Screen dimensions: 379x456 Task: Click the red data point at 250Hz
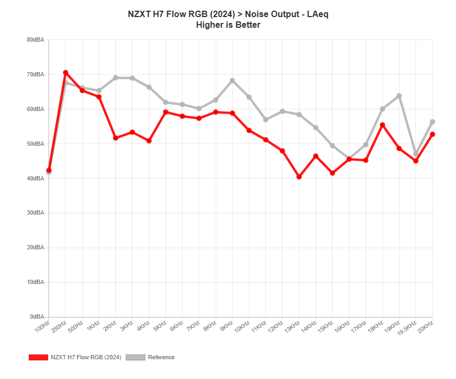65,73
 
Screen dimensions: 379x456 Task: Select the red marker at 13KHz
299,177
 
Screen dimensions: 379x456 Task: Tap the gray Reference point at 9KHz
232,80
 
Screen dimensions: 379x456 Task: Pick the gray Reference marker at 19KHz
399,96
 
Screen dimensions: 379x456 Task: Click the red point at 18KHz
382,125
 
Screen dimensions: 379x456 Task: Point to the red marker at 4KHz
149,141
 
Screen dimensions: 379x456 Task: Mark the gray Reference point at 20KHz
433,122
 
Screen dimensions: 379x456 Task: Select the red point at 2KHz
115,138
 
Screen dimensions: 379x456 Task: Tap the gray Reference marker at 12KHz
282,111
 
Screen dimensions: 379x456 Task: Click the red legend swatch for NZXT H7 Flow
38,357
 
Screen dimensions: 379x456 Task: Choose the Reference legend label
161,357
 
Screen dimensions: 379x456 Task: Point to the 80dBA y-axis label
35,40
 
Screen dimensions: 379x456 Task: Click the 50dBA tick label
35,144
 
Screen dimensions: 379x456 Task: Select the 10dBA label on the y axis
35,282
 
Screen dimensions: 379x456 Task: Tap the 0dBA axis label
36,317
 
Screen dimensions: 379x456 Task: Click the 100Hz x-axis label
43,326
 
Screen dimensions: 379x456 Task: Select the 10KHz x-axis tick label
242,327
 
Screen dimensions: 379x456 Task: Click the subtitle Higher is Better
228,25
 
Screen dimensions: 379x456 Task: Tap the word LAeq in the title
317,14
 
